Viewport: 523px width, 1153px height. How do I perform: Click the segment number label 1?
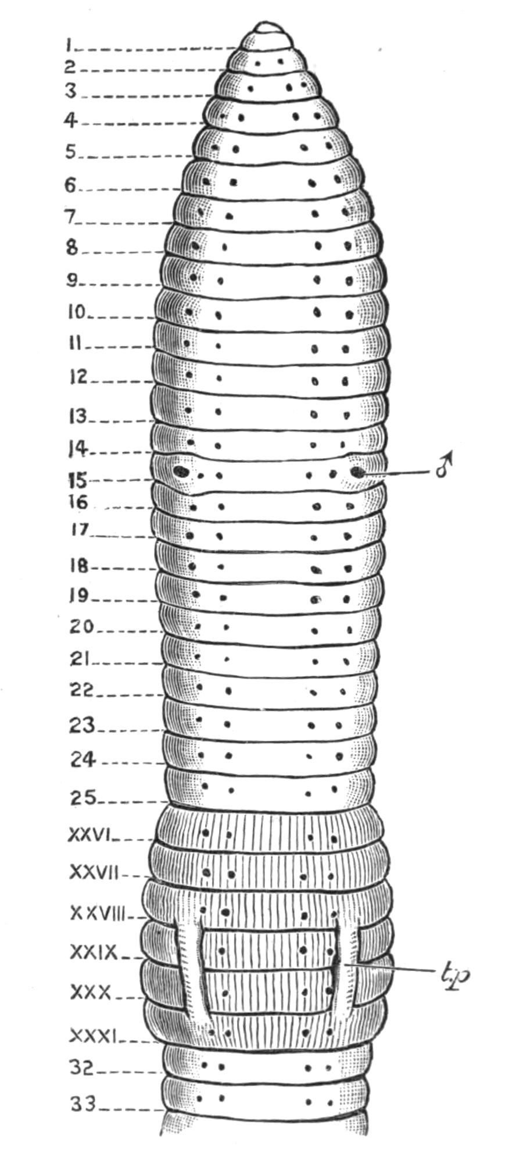[x=69, y=44]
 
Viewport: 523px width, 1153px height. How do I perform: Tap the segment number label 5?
[x=70, y=152]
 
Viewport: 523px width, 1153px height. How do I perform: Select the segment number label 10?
[x=76, y=313]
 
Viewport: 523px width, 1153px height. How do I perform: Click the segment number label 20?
[x=81, y=626]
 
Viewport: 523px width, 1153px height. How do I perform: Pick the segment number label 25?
[x=83, y=798]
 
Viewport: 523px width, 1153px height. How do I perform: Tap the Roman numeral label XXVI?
[x=89, y=836]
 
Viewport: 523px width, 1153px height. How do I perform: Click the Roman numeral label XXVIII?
[x=98, y=914]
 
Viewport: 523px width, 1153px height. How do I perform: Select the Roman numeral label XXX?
[x=90, y=992]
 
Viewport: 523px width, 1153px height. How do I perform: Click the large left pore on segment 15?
[x=182, y=470]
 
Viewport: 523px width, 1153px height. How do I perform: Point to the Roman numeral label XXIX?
[x=94, y=952]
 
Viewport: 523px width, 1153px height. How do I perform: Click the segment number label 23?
[x=83, y=726]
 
